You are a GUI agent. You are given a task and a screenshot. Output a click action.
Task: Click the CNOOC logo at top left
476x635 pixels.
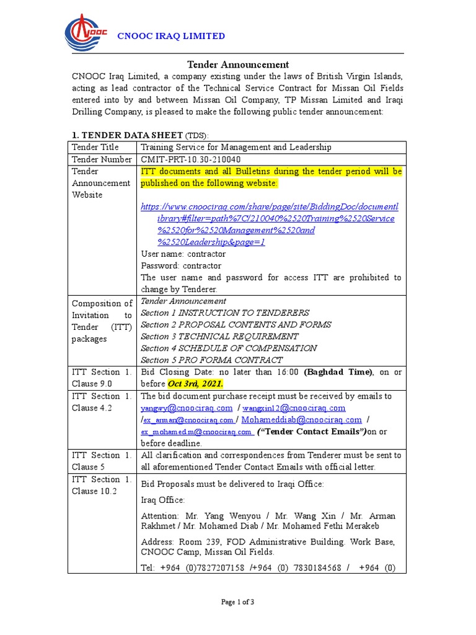click(x=86, y=35)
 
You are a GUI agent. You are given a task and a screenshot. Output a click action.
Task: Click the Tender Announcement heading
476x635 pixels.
click(x=238, y=64)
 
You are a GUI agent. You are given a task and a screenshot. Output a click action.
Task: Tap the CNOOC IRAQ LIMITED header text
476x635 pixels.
click(x=172, y=36)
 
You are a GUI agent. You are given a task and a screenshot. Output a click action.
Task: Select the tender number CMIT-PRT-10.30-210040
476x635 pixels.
click(x=191, y=159)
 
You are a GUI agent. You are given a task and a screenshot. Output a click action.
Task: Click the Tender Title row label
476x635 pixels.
click(x=95, y=148)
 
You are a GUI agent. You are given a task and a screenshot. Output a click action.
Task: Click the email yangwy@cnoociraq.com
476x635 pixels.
click(x=187, y=408)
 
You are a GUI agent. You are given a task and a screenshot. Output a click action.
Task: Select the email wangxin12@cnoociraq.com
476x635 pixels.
click(x=293, y=408)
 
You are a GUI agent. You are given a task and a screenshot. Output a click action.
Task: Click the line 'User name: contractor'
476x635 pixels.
click(x=183, y=254)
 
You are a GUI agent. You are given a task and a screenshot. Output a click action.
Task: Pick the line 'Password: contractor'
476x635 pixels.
click(x=181, y=265)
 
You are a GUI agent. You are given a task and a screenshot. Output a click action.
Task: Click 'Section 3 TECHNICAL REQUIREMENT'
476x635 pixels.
click(x=219, y=337)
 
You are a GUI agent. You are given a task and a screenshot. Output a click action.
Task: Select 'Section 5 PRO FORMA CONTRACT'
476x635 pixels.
click(x=211, y=360)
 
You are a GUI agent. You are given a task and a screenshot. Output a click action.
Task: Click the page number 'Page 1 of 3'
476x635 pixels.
click(x=238, y=602)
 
